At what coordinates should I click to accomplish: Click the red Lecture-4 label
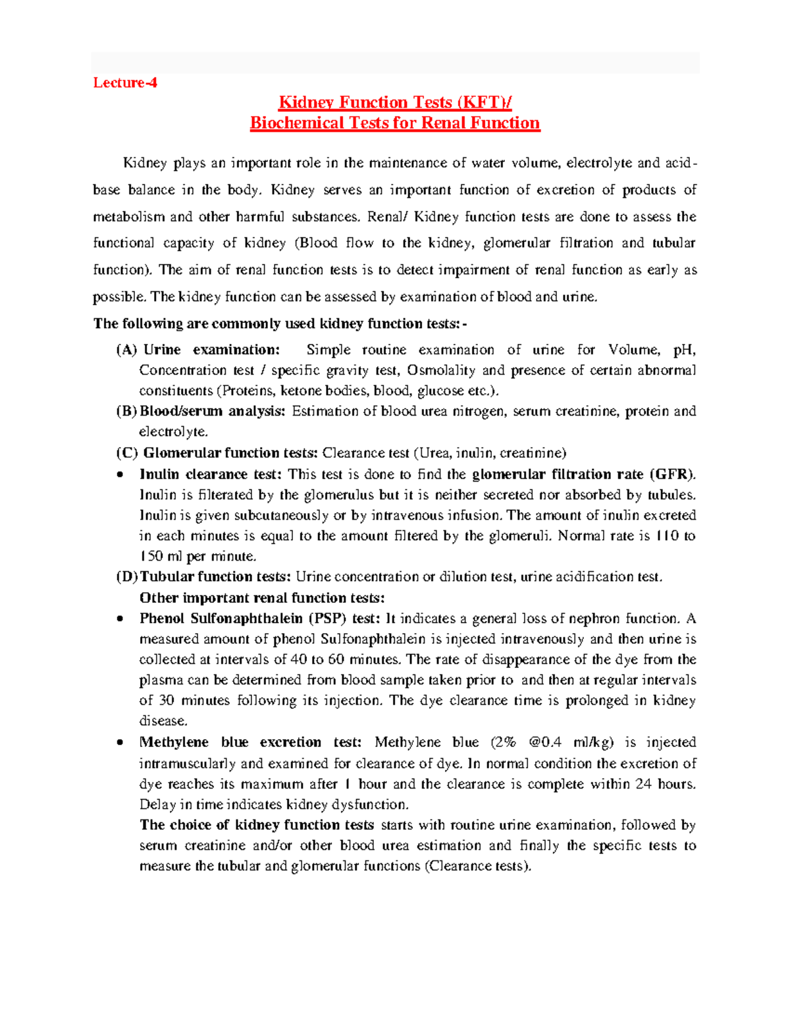(x=125, y=83)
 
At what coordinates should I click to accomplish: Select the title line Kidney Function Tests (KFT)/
(x=395, y=103)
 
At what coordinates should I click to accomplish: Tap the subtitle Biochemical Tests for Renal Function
(x=395, y=123)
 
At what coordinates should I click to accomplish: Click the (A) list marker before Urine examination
(x=126, y=350)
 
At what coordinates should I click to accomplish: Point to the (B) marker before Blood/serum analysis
(x=126, y=412)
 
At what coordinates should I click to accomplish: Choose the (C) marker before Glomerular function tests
(x=127, y=453)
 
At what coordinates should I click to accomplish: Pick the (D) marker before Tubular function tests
(x=127, y=577)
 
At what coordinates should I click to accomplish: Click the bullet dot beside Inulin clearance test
(x=119, y=475)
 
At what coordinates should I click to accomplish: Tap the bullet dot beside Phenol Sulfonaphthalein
(x=119, y=619)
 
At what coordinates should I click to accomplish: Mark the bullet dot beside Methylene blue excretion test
(x=119, y=743)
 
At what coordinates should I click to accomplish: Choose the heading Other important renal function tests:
(x=262, y=598)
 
